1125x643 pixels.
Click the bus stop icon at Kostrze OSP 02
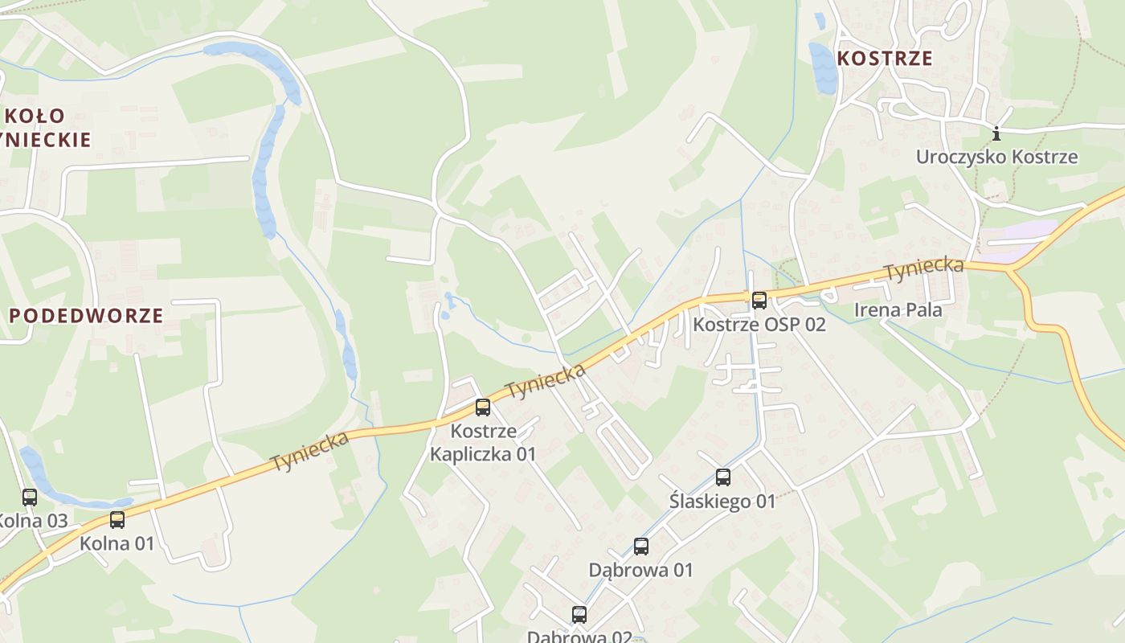coord(759,301)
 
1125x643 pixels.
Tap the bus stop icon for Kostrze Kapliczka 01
coord(482,407)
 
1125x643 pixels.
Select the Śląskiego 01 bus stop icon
coord(722,477)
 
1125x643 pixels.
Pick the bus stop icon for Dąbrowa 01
coord(640,547)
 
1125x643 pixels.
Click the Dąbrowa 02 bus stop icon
coord(579,615)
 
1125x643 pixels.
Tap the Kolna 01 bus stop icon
coord(117,519)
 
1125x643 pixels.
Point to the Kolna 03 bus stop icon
coord(30,497)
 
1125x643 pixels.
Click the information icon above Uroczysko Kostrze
coord(996,133)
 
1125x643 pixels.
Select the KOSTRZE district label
coord(884,58)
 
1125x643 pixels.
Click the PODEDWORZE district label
coord(86,315)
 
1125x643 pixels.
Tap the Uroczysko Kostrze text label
coord(996,157)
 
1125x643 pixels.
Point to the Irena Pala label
coord(898,309)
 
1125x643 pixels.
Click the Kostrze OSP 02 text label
coord(759,325)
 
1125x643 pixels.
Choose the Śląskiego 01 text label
coord(722,502)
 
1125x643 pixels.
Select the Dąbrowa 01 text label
coord(640,570)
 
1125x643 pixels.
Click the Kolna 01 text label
coord(117,543)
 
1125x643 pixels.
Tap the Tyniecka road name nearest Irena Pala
coord(923,269)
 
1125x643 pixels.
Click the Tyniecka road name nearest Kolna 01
coord(309,452)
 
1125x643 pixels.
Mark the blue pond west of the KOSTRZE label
coord(822,68)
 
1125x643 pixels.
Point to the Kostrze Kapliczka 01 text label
coord(482,442)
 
